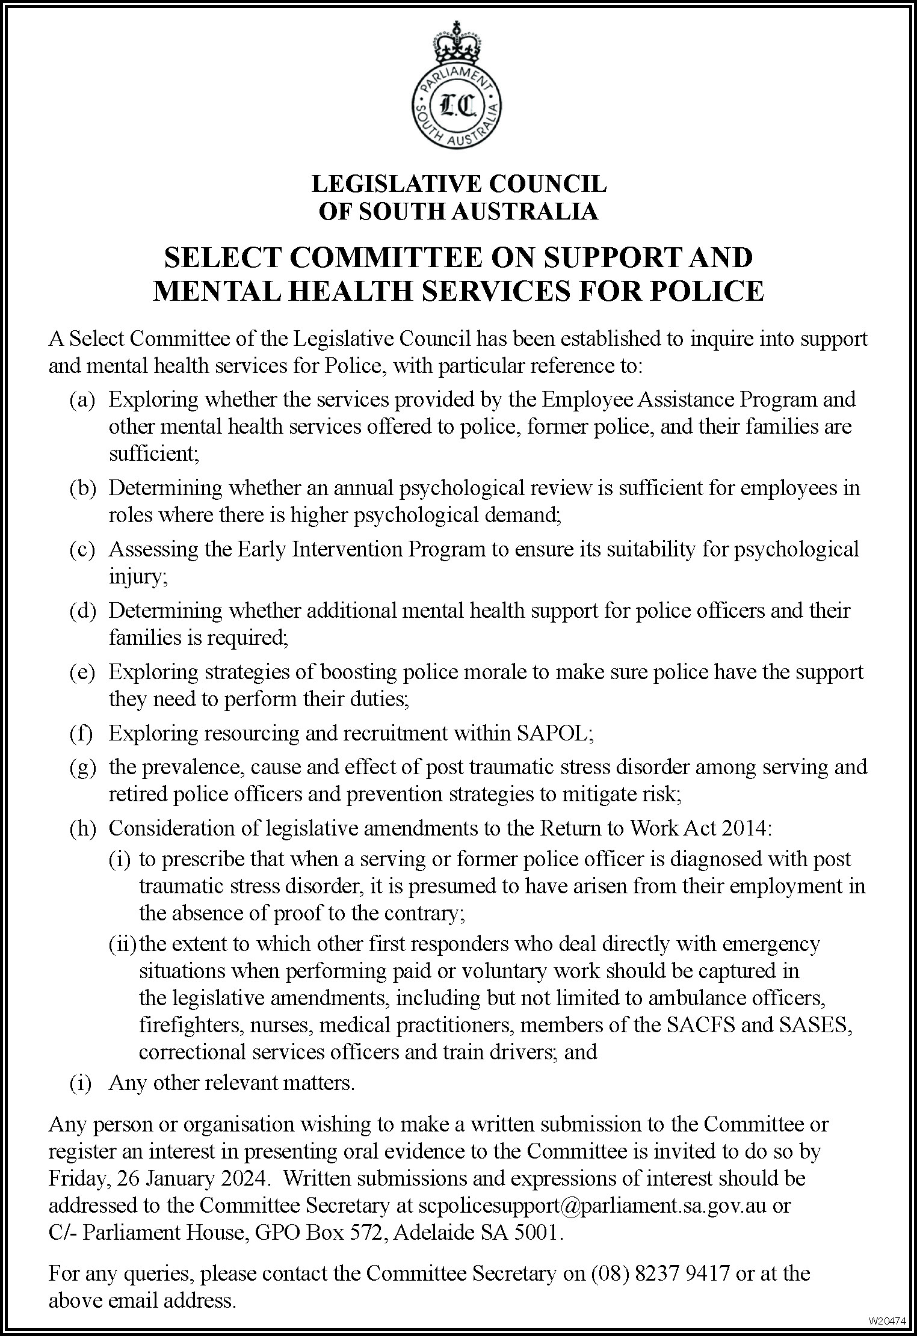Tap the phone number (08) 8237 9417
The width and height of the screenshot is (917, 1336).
click(x=661, y=1273)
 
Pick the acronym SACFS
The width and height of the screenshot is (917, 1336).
click(x=702, y=1024)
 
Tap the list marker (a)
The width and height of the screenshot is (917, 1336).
click(x=82, y=400)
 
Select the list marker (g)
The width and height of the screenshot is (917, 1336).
click(x=82, y=767)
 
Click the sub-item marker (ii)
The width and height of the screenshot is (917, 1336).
click(x=123, y=944)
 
